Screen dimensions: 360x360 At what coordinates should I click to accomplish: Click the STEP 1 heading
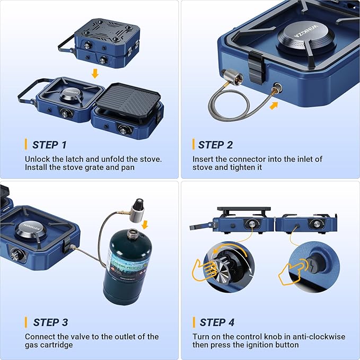49,145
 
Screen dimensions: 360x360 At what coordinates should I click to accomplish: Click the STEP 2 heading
215,145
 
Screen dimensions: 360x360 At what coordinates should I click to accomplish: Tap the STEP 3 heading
50,322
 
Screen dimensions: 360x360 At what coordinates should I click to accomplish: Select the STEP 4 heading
217,322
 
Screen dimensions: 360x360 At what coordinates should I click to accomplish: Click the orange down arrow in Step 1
95,73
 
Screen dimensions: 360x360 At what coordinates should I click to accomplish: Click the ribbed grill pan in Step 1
128,101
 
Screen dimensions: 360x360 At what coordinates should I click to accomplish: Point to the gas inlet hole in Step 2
277,87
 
